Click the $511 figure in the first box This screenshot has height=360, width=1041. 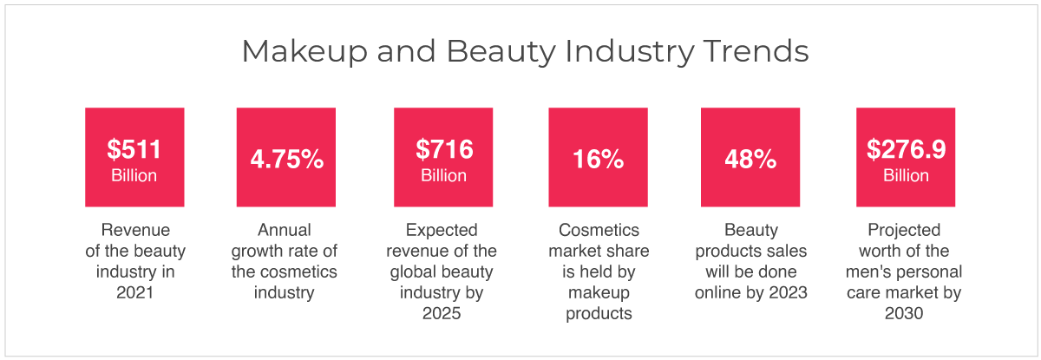click(x=134, y=149)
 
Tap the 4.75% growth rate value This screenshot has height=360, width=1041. click(x=287, y=159)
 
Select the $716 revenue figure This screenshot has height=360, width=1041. click(x=444, y=149)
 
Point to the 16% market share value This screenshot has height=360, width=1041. click(x=598, y=159)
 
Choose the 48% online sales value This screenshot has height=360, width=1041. click(x=750, y=159)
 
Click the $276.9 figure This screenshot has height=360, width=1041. click(x=906, y=149)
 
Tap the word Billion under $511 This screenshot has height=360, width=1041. click(x=134, y=175)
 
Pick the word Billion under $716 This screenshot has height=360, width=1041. click(x=444, y=175)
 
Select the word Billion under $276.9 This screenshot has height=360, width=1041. click(x=906, y=175)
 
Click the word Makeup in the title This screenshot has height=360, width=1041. click(x=304, y=51)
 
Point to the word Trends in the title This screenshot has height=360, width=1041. click(x=756, y=50)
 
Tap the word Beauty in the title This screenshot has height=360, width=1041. click(x=501, y=51)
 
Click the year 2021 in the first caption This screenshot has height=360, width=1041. click(x=134, y=292)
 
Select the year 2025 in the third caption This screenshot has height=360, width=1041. click(x=442, y=313)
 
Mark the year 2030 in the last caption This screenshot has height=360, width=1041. click(x=904, y=313)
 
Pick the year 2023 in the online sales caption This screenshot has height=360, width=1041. click(x=789, y=292)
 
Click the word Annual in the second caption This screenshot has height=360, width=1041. click(x=285, y=230)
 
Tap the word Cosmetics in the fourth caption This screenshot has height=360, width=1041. click(x=599, y=230)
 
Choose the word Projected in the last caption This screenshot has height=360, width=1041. click(x=904, y=231)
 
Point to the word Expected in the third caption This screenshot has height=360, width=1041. click(x=442, y=231)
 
